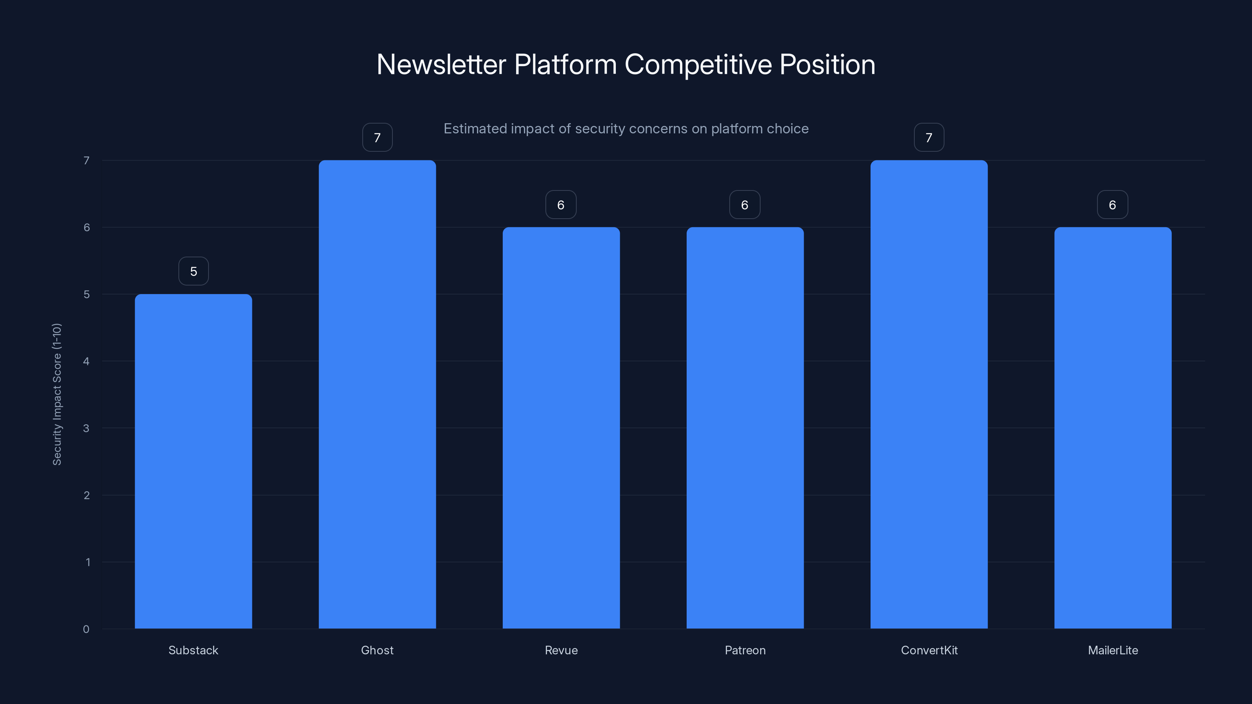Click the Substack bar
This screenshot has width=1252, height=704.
pyautogui.click(x=193, y=461)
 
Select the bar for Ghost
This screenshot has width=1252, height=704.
pyautogui.click(x=377, y=394)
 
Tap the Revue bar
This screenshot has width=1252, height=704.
pyautogui.click(x=561, y=427)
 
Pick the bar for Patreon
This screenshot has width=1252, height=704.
pyautogui.click(x=745, y=427)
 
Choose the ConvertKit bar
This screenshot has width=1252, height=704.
pyautogui.click(x=929, y=394)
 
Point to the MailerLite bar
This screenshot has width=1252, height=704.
pyautogui.click(x=1112, y=427)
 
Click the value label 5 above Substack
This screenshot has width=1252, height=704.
pyautogui.click(x=193, y=271)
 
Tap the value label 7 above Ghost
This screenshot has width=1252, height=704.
pyautogui.click(x=377, y=138)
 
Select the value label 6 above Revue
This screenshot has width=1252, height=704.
pyautogui.click(x=561, y=205)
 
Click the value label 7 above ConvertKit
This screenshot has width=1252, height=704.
pyautogui.click(x=929, y=138)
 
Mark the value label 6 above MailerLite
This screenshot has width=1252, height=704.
pyautogui.click(x=1112, y=205)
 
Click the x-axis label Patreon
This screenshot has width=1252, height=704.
pyautogui.click(x=745, y=650)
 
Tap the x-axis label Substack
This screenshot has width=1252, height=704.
pyautogui.click(x=193, y=650)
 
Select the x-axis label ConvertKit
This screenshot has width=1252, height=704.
pyautogui.click(x=929, y=650)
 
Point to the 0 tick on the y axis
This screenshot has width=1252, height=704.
pyautogui.click(x=86, y=629)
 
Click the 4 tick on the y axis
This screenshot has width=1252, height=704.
pyautogui.click(x=86, y=361)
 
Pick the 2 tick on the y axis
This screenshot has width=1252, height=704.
pyautogui.click(x=86, y=495)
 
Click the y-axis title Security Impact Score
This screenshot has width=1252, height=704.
pyautogui.click(x=57, y=394)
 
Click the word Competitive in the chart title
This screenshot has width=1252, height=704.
pyautogui.click(x=698, y=65)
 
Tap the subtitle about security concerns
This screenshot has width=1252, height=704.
pyautogui.click(x=626, y=129)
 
